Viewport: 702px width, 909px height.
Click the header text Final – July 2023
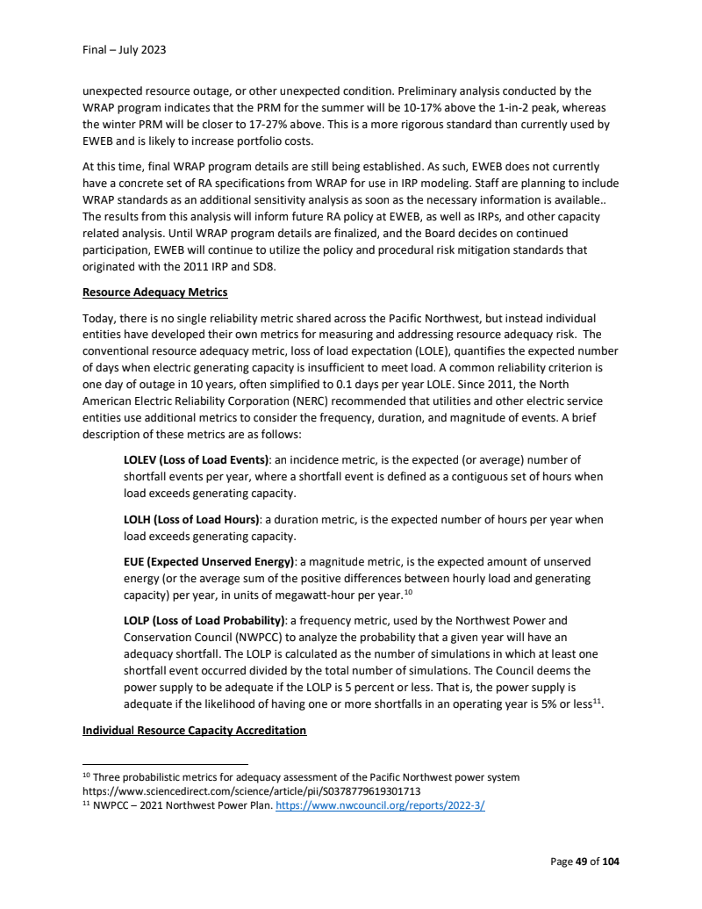pyautogui.click(x=124, y=50)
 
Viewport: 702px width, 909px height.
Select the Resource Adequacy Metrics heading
pyautogui.click(x=155, y=292)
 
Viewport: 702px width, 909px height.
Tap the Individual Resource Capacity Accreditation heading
pyautogui.click(x=194, y=731)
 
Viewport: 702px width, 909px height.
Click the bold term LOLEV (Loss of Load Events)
pyautogui.click(x=196, y=459)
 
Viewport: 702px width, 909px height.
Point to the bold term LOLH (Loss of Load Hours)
pyautogui.click(x=190, y=519)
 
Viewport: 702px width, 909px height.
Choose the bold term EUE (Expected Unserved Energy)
pyautogui.click(x=209, y=561)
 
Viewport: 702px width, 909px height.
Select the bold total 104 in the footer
pyautogui.click(x=610, y=862)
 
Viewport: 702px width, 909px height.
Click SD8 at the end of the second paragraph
pyautogui.click(x=265, y=266)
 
